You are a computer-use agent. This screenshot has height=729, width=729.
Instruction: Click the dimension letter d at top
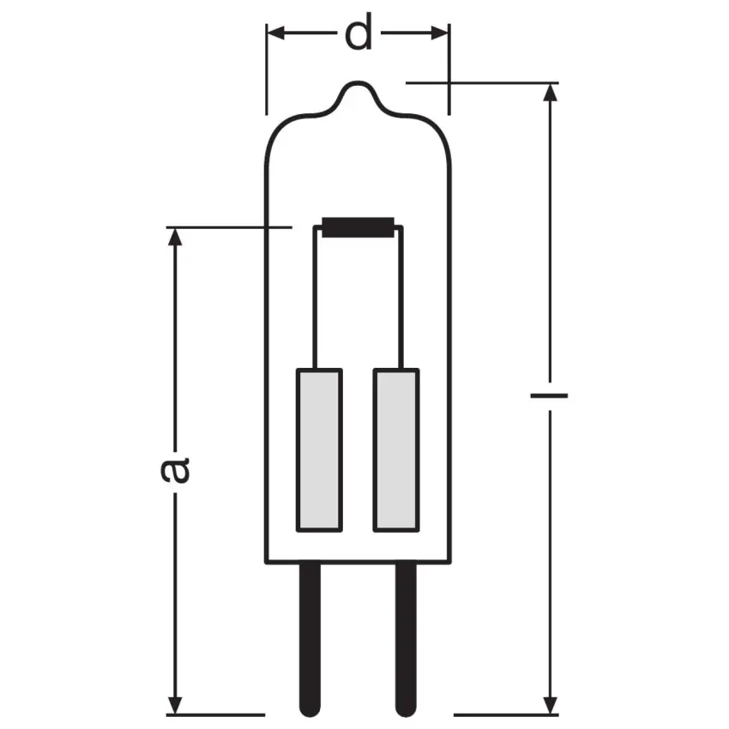[359, 35]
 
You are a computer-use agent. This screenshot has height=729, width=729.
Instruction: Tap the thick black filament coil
[358, 229]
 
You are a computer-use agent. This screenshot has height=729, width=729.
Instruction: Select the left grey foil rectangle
[318, 449]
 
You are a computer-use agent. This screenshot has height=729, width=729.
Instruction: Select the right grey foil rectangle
[396, 449]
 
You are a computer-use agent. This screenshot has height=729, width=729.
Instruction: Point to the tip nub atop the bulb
[359, 89]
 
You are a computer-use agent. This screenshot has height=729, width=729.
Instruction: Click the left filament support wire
[319, 300]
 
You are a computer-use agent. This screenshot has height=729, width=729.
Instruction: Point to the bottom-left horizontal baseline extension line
[214, 714]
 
